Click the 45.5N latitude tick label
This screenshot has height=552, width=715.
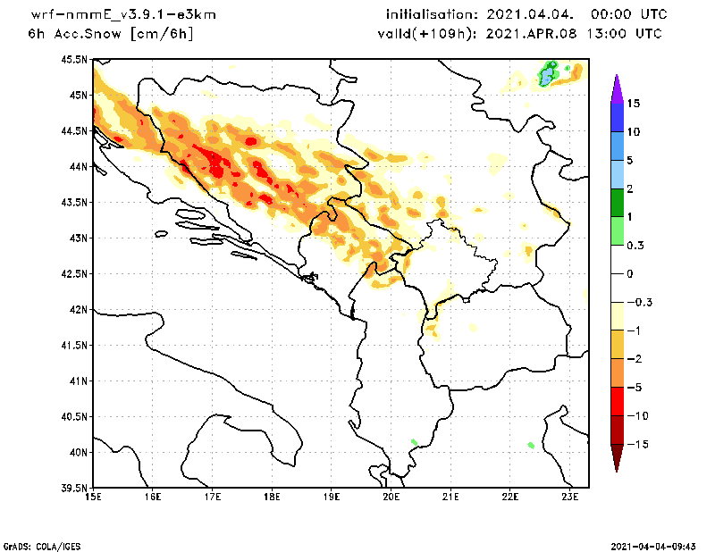(x=74, y=60)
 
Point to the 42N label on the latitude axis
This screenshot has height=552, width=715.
(x=78, y=310)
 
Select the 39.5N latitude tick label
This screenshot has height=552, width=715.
(x=74, y=489)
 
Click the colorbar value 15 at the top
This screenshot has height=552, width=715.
(x=634, y=104)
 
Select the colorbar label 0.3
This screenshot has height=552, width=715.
(x=637, y=245)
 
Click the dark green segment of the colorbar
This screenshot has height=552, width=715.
(x=616, y=202)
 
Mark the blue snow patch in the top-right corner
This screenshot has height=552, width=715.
(x=547, y=75)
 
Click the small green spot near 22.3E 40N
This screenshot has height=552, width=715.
(x=531, y=445)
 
